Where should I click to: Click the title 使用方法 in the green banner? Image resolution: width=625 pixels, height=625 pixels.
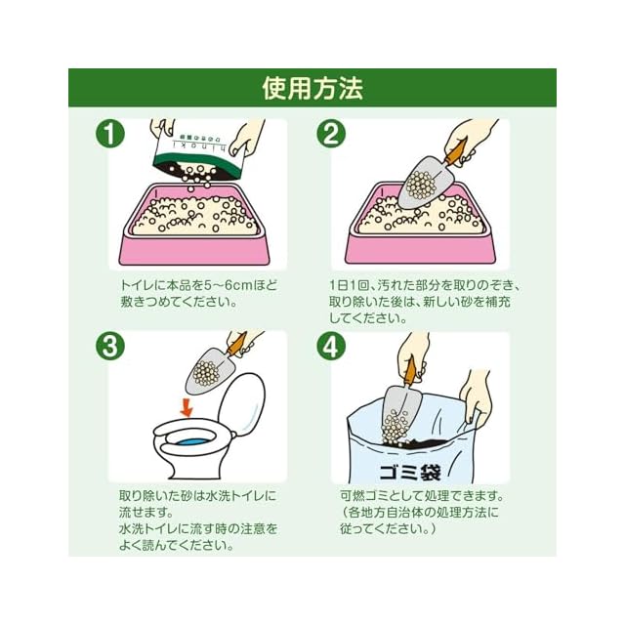(x=312, y=88)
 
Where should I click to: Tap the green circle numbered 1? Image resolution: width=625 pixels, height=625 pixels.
(x=110, y=134)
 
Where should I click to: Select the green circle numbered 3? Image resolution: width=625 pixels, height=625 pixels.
(x=110, y=346)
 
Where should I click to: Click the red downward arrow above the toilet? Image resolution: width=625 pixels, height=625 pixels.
(x=187, y=408)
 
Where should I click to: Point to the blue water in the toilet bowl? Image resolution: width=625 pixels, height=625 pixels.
(x=190, y=442)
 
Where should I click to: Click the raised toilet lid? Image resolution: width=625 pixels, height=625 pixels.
(x=241, y=402)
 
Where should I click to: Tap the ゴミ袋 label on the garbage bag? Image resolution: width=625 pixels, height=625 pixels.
(x=410, y=473)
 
